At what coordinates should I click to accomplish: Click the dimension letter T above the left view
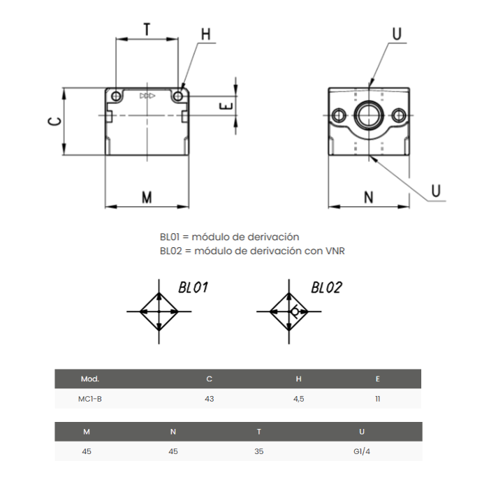(x=147, y=29)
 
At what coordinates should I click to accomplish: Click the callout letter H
(x=205, y=34)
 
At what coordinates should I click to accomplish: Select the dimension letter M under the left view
(x=147, y=198)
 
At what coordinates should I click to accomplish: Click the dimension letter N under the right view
(x=368, y=198)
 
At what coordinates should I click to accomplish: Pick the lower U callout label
(x=436, y=190)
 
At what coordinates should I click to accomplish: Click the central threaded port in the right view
(x=368, y=115)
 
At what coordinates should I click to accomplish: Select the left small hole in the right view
(x=339, y=115)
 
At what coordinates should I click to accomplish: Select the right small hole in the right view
(x=398, y=115)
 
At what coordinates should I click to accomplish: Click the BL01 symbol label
(x=194, y=287)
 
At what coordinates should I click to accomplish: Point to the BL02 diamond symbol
(x=289, y=312)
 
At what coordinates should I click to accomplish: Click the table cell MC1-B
(x=90, y=399)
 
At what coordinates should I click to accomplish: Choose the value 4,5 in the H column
(x=298, y=399)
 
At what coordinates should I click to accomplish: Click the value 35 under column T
(x=258, y=451)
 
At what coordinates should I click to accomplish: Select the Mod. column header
(x=90, y=379)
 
